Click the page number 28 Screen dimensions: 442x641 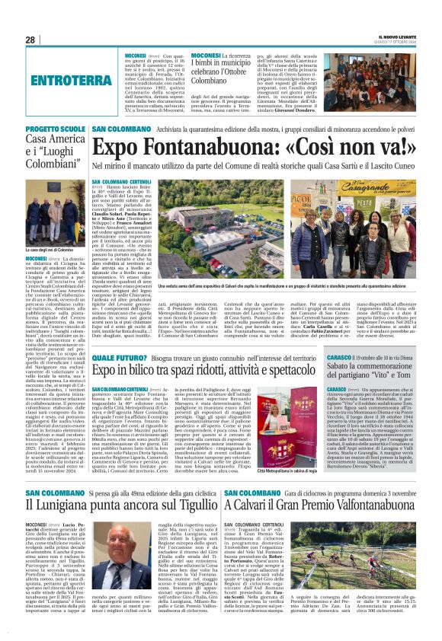[x=30, y=40]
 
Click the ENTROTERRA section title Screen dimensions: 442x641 [x=67, y=80]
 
